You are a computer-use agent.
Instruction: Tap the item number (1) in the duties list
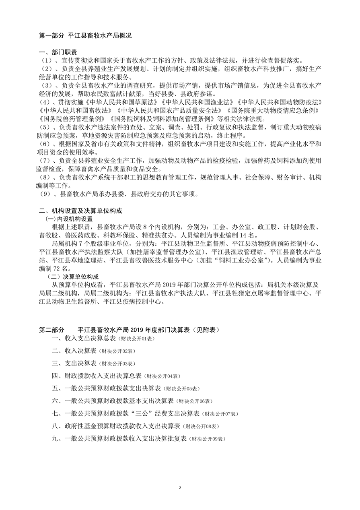click(x=45, y=60)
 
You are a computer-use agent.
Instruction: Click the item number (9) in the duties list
click(x=45, y=194)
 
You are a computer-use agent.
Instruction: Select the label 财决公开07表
click(x=220, y=414)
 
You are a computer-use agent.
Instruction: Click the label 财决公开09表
click(x=208, y=439)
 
